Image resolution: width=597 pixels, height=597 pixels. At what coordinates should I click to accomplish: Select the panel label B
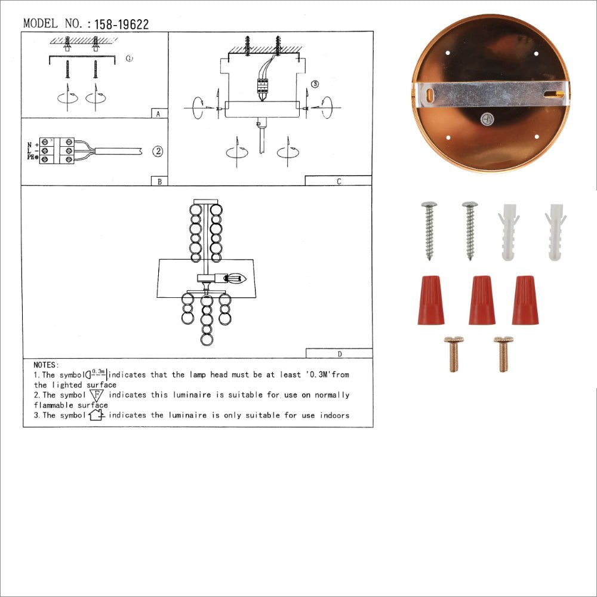[x=159, y=181]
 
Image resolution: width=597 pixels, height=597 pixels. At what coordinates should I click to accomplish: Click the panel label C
[x=338, y=181]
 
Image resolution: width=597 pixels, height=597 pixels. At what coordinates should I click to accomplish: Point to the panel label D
[x=339, y=353]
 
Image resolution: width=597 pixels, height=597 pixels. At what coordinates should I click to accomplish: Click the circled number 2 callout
[x=157, y=151]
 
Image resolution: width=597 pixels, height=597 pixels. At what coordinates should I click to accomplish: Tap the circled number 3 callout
[x=315, y=84]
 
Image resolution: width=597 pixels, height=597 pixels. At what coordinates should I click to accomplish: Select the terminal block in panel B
[x=59, y=150]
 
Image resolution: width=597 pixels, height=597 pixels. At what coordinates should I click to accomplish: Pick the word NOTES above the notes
[x=46, y=364]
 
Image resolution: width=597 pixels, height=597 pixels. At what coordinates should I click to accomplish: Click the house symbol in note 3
[x=96, y=415]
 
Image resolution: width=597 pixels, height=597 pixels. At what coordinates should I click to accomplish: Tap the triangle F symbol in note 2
[x=96, y=395]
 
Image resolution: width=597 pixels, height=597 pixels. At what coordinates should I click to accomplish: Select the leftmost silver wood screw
[x=428, y=230]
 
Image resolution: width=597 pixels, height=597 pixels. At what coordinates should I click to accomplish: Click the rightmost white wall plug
[x=556, y=232]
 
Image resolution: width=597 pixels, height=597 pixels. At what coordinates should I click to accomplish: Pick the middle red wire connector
[x=482, y=300]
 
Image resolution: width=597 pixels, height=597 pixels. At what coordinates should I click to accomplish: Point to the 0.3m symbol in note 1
[x=97, y=374]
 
